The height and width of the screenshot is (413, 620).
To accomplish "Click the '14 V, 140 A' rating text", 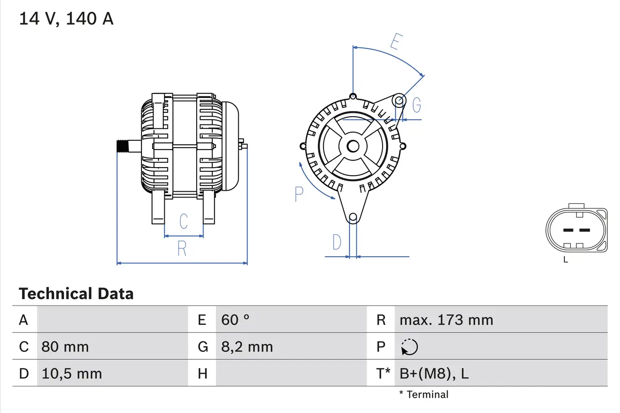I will tap(66, 19).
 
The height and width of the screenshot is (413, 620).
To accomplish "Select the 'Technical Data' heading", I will tap(76, 294).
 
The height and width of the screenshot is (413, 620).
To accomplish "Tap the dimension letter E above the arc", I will tap(396, 43).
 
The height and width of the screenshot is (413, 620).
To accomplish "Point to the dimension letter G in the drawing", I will tap(416, 105).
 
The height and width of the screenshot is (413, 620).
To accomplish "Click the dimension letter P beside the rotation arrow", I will tap(299, 194).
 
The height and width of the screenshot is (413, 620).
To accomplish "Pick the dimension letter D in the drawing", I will tap(337, 242).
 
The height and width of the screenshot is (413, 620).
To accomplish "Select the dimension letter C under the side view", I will tap(184, 221).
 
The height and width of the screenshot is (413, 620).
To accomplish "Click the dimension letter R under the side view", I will tap(182, 248).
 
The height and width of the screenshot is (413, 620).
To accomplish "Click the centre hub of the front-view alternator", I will tap(353, 146).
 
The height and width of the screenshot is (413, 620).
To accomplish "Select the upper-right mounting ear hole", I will tap(399, 101).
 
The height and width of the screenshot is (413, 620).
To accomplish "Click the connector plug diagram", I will tap(576, 230).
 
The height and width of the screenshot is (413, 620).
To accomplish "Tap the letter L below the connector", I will tap(565, 260).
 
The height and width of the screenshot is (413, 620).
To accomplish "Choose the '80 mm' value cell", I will tap(65, 347).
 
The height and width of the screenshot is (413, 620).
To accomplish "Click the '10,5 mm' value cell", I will tap(72, 373).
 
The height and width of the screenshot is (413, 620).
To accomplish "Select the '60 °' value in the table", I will tap(235, 320).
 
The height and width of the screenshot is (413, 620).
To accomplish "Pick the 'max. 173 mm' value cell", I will tap(446, 320).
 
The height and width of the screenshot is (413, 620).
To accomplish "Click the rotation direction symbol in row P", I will tap(410, 347).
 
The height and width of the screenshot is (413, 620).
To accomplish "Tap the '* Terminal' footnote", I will tap(424, 395).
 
